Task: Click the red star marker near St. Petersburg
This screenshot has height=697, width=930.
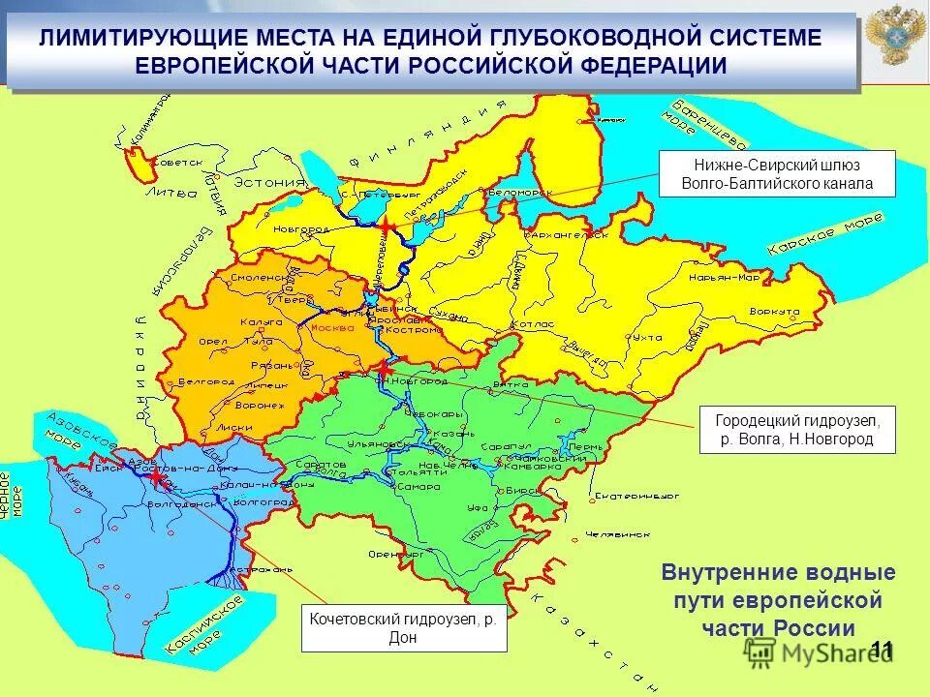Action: [x=387, y=227]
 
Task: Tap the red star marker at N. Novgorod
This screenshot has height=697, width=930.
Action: [x=385, y=369]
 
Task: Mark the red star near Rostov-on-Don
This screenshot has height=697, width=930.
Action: [x=155, y=475]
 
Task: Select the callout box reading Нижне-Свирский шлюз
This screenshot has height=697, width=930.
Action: [x=777, y=174]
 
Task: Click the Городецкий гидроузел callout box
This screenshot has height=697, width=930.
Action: [x=797, y=431]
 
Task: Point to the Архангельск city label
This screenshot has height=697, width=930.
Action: [x=567, y=234]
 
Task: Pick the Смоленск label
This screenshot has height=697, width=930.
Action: [x=255, y=278]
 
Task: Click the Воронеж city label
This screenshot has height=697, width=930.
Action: [x=261, y=406]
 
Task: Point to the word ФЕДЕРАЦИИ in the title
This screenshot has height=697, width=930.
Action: [x=642, y=65]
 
